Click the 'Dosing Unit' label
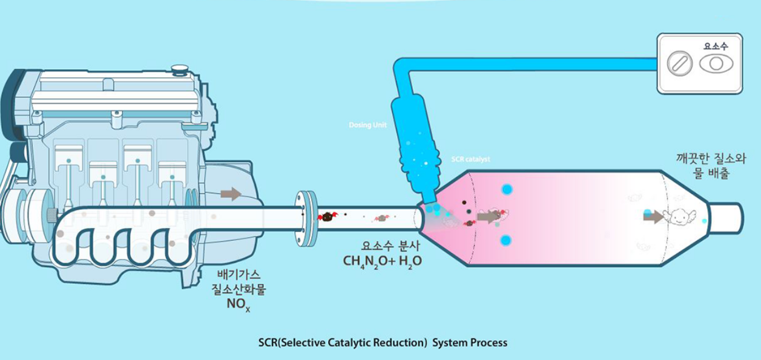point(367,125)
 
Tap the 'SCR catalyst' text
point(470,160)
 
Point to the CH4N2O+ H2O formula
point(382,261)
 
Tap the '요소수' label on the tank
point(715,45)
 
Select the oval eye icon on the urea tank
point(716,64)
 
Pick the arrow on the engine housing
point(231,194)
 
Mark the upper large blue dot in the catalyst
point(507,189)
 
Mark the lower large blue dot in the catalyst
point(506,240)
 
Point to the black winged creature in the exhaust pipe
point(327,216)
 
